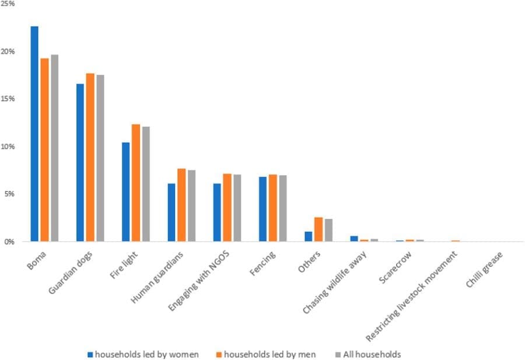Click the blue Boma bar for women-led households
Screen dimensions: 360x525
coord(35,134)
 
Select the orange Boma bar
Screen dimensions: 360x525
coord(45,149)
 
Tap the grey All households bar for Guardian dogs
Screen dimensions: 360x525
coord(100,158)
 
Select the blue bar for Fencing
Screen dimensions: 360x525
coord(262,209)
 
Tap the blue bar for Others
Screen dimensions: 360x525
coord(308,236)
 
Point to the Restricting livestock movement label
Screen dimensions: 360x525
coord(411,295)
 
